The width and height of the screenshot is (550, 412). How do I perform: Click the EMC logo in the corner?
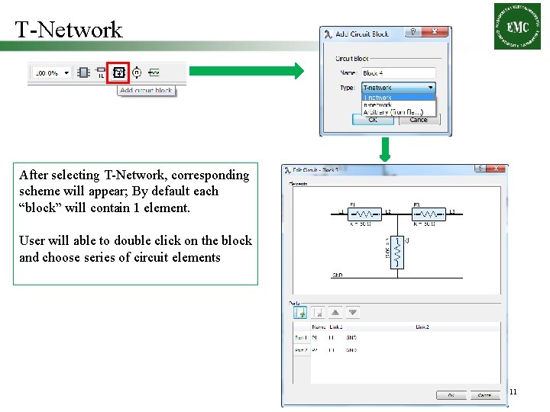click(517, 26)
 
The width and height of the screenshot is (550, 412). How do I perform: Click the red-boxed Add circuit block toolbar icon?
click(118, 73)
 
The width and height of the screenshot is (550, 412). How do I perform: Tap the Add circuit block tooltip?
click(146, 91)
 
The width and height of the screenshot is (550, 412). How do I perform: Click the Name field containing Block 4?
click(397, 73)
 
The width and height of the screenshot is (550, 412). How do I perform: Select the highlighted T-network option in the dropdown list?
click(397, 98)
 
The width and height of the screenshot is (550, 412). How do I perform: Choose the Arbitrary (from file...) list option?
click(397, 112)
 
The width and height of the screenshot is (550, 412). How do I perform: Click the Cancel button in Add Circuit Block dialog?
click(419, 120)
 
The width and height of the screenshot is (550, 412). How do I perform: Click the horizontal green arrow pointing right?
click(246, 71)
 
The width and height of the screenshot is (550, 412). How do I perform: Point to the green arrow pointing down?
click(386, 149)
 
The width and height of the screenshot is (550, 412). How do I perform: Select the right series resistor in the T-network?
click(429, 213)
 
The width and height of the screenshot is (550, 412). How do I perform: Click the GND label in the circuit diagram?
click(337, 275)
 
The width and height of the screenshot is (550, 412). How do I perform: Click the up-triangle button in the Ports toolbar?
click(335, 312)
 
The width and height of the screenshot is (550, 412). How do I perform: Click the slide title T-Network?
click(69, 29)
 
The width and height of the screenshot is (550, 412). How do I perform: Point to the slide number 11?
click(513, 392)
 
